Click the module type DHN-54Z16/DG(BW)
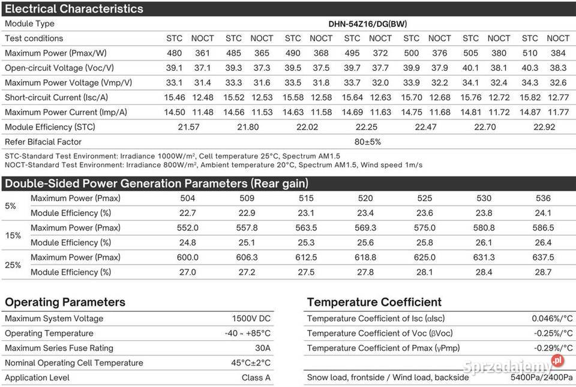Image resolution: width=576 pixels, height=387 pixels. coord(368,24)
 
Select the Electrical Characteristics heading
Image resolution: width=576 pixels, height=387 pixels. coord(74,8)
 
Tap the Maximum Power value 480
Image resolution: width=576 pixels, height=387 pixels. coord(174,53)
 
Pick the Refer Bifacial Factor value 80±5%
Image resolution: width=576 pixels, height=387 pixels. coord(368,142)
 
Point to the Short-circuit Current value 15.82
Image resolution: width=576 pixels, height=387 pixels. coord(530,97)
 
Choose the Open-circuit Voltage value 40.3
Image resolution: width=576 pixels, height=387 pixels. coord(530,68)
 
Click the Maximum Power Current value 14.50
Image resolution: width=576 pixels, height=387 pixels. coord(174,112)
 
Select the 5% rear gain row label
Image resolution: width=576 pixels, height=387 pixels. coord(10,206)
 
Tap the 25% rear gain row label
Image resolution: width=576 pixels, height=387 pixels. coord(13,265)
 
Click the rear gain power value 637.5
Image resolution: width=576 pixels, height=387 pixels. coord(544,257)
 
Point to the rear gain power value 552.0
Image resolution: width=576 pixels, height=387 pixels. coord(188,228)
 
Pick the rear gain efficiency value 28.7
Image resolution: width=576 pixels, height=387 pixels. coord(544,272)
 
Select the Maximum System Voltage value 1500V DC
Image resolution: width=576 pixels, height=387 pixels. coord(251,319)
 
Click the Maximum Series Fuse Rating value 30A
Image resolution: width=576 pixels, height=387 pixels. coord(262,348)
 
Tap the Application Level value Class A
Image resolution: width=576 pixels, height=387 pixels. coord(256,378)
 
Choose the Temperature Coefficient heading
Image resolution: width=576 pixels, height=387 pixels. coord(374,302)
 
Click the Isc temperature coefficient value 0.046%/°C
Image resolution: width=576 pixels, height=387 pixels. coord(552,319)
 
